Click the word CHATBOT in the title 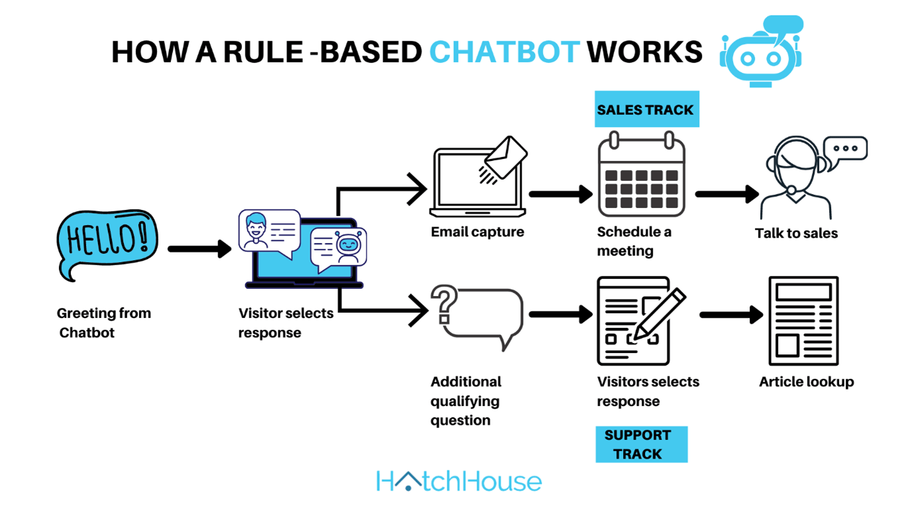point(504,52)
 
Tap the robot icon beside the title point(761,53)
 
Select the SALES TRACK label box point(645,109)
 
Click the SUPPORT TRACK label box point(641,444)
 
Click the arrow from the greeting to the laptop point(199,249)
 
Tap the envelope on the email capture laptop point(506,156)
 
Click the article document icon point(803,321)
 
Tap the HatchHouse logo point(459,482)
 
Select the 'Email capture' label point(477,232)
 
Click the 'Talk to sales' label point(796,233)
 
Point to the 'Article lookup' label point(806,382)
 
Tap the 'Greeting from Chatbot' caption point(103,323)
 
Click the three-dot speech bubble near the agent point(845,148)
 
